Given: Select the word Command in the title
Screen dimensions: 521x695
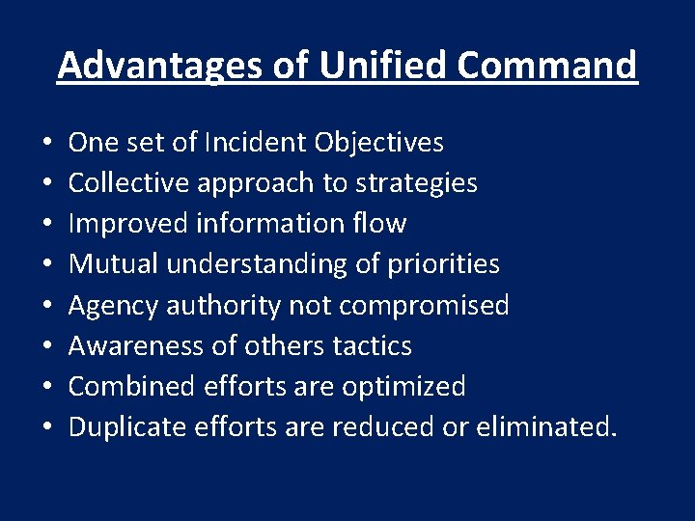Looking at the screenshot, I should (547, 66).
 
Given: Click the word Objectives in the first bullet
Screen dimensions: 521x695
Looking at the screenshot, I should (378, 143).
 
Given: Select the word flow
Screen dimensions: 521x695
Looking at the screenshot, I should (379, 224).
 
